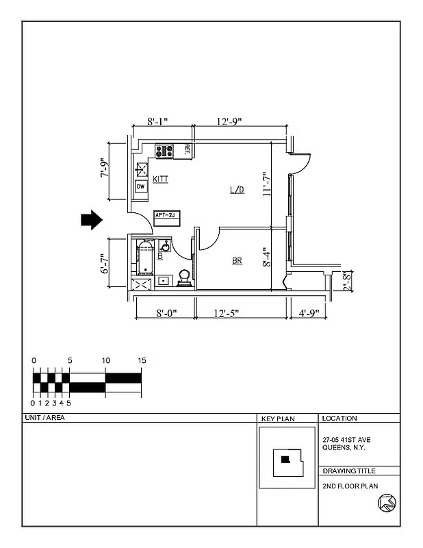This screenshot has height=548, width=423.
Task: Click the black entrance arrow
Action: tap(91, 219)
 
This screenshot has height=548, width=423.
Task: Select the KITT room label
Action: tap(161, 179)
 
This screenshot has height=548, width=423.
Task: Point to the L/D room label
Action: tap(237, 190)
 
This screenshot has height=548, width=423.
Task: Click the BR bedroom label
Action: tap(237, 260)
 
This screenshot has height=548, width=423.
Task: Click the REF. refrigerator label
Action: tap(186, 150)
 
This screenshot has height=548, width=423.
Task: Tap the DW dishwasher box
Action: tap(140, 186)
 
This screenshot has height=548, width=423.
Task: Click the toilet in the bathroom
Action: tap(184, 277)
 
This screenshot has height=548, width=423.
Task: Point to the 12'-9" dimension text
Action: tap(229, 121)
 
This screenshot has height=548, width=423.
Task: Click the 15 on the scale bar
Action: tap(142, 360)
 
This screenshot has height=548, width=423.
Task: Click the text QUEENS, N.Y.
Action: tap(344, 448)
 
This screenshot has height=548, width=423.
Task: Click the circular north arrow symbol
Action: tap(386, 503)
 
